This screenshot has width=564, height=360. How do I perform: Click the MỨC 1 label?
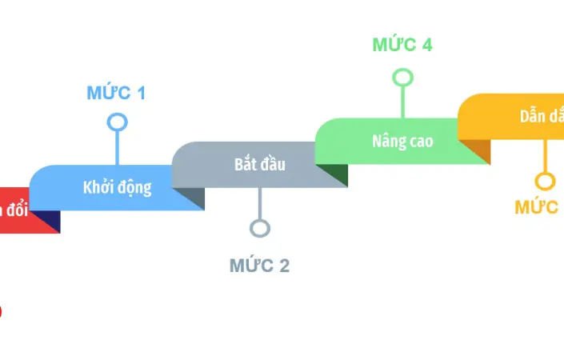[x=116, y=93]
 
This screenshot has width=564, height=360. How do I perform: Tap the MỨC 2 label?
[x=259, y=266]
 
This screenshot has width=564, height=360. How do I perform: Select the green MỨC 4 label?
[x=402, y=45]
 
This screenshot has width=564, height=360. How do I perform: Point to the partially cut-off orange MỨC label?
[x=537, y=207]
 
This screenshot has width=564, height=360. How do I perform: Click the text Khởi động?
[x=117, y=189]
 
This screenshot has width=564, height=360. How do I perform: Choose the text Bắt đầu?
[x=259, y=165]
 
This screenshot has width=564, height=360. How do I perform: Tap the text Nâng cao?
[x=402, y=142]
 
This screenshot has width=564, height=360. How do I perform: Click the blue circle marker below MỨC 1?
[x=118, y=122]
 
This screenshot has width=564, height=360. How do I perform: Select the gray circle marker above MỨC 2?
[x=260, y=229]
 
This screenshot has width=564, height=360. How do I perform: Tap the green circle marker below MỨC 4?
[x=403, y=78]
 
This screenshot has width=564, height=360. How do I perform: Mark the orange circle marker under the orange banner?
[x=545, y=181]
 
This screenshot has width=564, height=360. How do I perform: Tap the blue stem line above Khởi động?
[x=118, y=148]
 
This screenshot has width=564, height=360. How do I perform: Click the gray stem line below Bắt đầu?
[x=260, y=204]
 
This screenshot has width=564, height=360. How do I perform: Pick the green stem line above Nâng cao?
[x=403, y=102]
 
